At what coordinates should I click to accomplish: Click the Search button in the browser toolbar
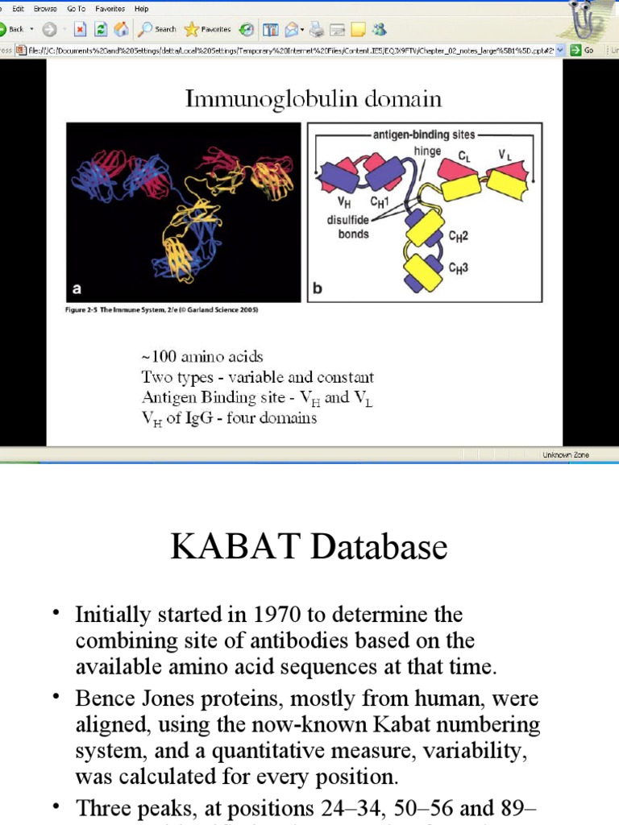(158, 29)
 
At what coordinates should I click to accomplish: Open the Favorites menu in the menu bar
(110, 9)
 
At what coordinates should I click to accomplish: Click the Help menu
(142, 9)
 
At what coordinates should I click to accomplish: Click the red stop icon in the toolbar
(80, 29)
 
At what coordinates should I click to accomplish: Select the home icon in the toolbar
(121, 29)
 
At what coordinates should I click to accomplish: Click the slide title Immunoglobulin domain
(314, 99)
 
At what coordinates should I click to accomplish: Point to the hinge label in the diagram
(427, 151)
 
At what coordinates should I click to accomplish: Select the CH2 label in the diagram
(459, 237)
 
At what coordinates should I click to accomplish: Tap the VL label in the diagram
(505, 153)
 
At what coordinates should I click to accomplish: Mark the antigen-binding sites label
(424, 135)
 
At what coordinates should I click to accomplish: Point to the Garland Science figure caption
(162, 309)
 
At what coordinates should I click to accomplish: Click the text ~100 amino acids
(202, 356)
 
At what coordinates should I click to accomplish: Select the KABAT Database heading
(309, 548)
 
